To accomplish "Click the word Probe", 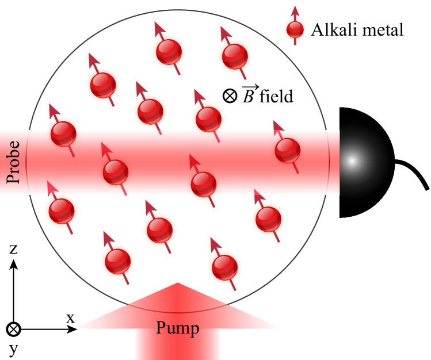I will pos(13,162).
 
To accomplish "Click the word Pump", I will pos(177,328).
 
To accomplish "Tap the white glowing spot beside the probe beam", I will pos(352,161).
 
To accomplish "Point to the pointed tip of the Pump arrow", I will pos(177,284).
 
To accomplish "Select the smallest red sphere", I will pos(295,29).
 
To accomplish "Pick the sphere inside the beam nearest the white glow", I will pos(287,150).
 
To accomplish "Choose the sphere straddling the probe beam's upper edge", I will pos(63,133).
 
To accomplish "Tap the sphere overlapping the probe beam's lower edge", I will pos(203,184).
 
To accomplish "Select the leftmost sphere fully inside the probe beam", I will pos(116,171).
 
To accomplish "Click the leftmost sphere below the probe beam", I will pos(62,210).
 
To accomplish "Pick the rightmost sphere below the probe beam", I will pos(268,219).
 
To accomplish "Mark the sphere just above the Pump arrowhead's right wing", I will pos(224,267).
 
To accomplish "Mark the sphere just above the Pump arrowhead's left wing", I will pos(117,261).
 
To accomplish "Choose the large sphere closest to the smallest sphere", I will pos(234,56).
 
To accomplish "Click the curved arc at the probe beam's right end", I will pos(330,162).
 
